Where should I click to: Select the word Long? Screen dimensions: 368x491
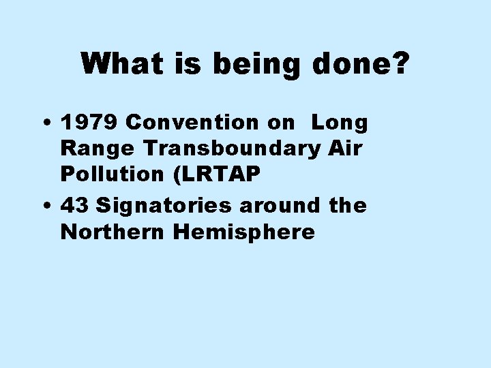click(340, 123)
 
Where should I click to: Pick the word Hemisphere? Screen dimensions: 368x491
click(244, 232)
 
